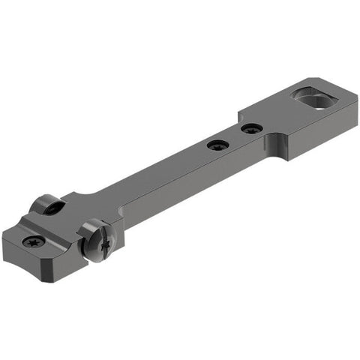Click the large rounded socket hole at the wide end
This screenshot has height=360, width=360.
click(x=310, y=97)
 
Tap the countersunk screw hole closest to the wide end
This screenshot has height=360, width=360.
click(x=251, y=128)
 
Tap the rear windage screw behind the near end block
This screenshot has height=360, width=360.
click(x=47, y=204)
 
